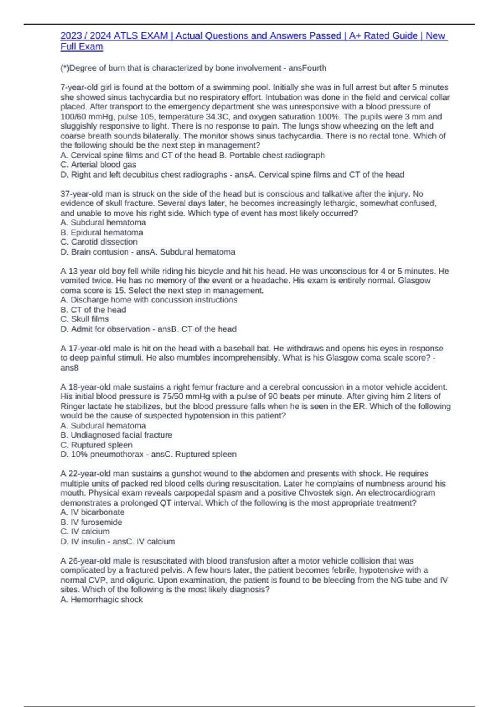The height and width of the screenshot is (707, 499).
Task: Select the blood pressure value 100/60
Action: click(x=74, y=116)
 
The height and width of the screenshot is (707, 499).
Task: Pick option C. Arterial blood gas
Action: click(x=98, y=165)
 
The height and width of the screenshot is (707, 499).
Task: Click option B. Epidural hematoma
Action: click(x=102, y=232)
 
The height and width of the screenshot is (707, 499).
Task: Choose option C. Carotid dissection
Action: click(x=99, y=242)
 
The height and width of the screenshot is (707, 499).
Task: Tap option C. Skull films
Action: click(x=84, y=319)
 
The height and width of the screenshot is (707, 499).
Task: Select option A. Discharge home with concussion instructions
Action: click(x=149, y=300)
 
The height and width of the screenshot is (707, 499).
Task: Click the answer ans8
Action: click(x=69, y=368)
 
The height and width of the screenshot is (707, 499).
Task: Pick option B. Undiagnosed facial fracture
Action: click(x=116, y=435)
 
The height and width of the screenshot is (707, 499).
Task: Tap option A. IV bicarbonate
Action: click(x=92, y=512)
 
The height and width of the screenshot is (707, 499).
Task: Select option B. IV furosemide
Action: click(x=91, y=522)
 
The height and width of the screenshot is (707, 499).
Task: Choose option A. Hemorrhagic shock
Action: click(x=101, y=600)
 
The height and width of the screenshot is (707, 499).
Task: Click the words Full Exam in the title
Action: click(x=82, y=47)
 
